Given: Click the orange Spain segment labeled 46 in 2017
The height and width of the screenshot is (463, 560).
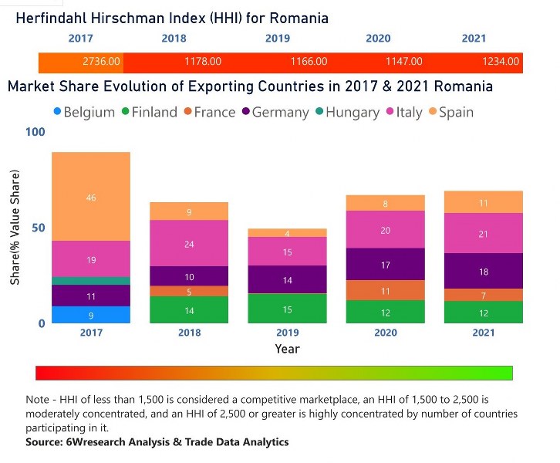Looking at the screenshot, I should coord(91,197).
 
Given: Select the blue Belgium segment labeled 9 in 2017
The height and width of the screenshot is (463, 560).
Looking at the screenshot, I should coord(91,315).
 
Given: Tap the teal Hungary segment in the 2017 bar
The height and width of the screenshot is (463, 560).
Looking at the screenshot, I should coord(91,281).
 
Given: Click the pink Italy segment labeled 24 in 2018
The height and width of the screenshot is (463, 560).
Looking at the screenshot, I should coord(189,243).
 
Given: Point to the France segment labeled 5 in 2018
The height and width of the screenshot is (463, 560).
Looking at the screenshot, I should coord(189,292).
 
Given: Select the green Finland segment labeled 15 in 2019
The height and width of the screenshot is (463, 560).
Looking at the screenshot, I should coord(287,309).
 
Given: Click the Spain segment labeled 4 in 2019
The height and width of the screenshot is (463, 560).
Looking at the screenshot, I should coord(287,233).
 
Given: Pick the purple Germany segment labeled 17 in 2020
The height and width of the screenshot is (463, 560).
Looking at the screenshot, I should coord(385,264).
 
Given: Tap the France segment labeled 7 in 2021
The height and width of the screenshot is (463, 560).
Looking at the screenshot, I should coord(483,296).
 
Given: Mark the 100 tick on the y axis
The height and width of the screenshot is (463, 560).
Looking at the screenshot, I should coord(35,133).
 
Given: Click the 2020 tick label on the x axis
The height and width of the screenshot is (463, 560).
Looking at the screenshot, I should coord(385,333).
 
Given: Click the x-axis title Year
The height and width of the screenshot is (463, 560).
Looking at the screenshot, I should coord(287,349).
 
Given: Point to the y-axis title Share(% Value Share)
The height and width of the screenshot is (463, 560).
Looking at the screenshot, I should coord(15,228).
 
